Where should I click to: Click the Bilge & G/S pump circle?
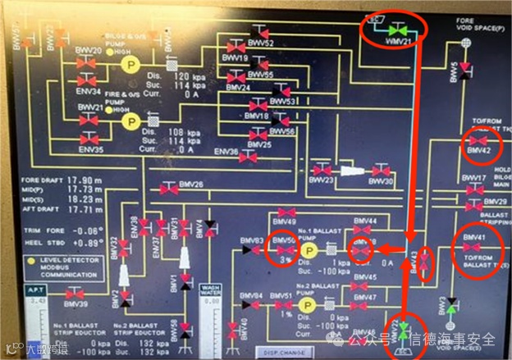pos(130,63)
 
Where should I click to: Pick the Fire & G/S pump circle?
pos(130,121)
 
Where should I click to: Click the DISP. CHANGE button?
pos(286,353)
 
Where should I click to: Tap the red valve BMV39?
pos(74,294)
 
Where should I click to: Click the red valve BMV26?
pos(169,189)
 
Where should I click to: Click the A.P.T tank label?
pos(34,292)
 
